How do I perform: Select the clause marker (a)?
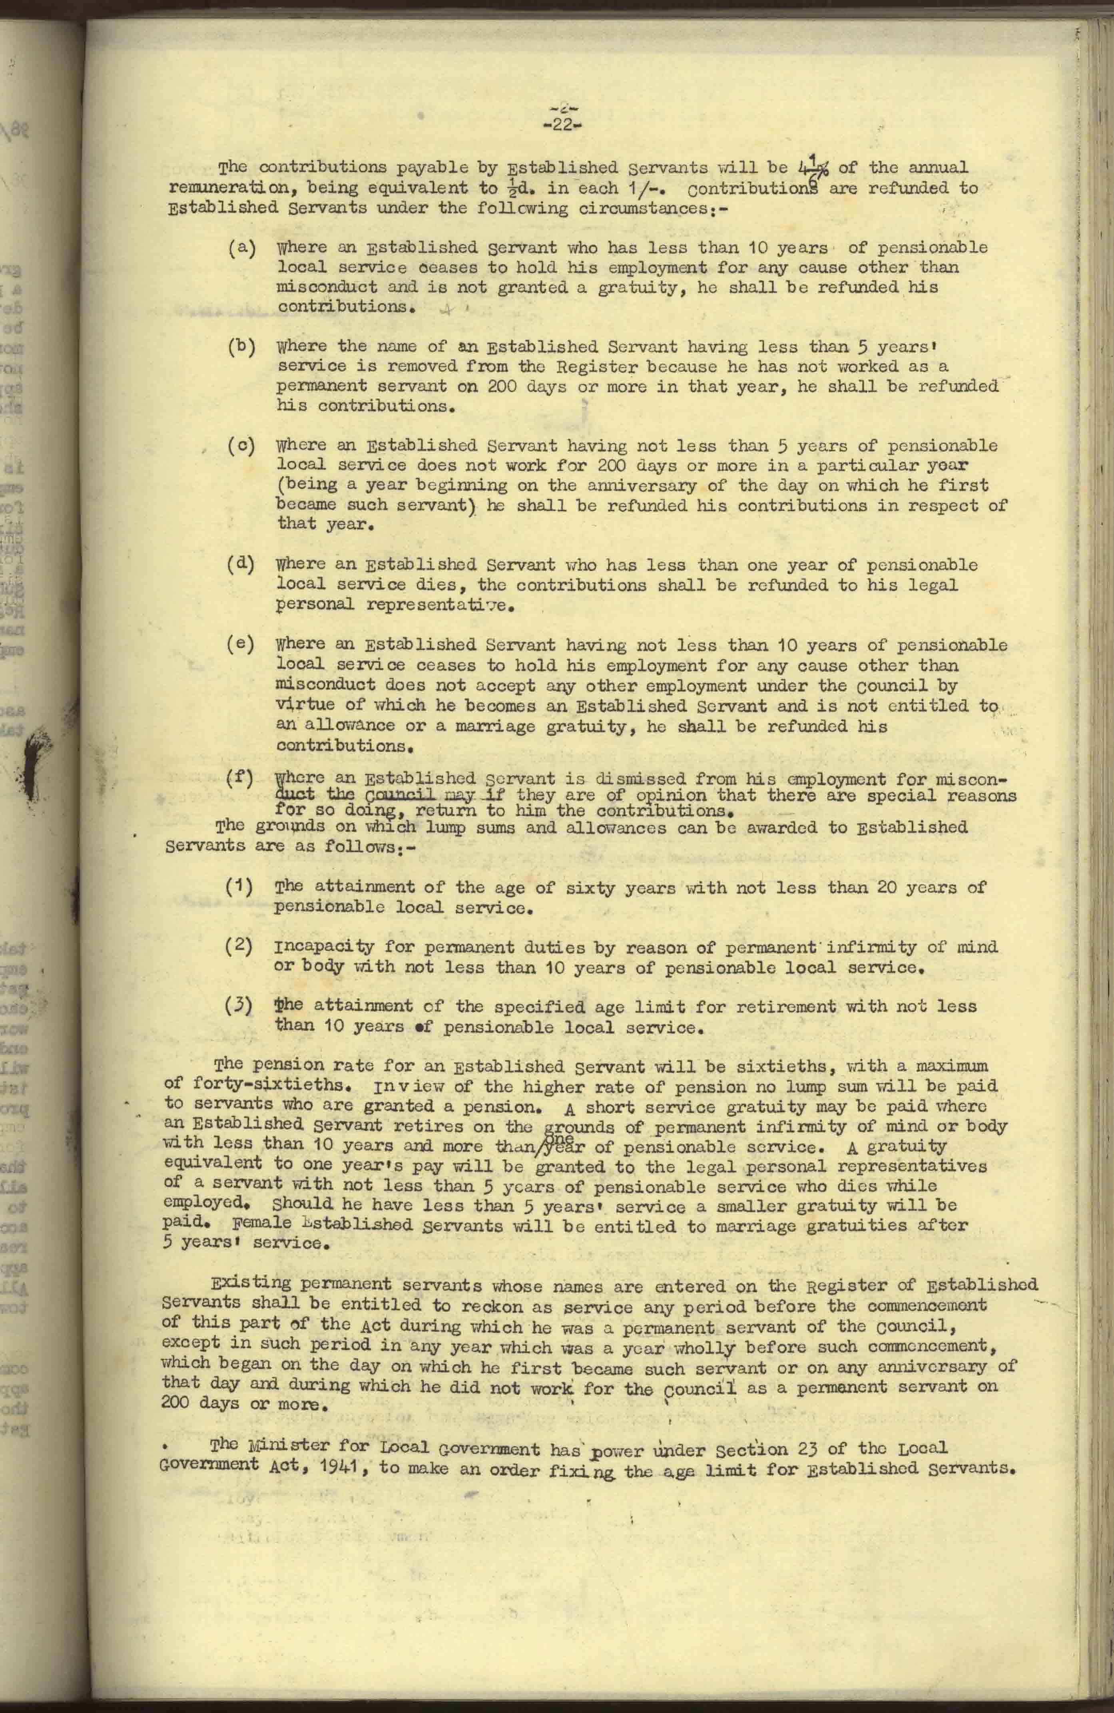[x=241, y=248]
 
